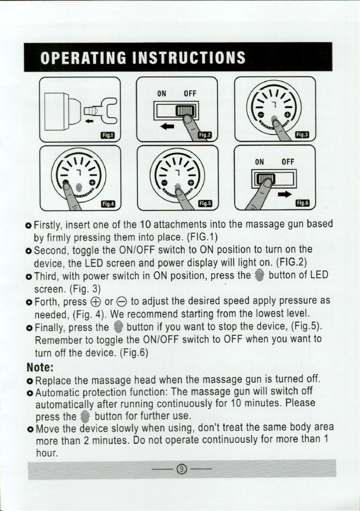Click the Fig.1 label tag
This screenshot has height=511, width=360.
[107, 135]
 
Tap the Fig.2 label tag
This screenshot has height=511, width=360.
[205, 135]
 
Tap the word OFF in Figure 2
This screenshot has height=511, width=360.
[190, 94]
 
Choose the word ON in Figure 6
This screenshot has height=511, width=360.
[259, 162]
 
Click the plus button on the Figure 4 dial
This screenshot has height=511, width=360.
[92, 182]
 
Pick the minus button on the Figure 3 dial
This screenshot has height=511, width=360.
[260, 115]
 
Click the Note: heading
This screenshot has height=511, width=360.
[40, 367]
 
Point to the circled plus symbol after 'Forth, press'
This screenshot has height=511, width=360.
[96, 302]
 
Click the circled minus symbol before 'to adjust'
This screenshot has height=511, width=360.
[121, 302]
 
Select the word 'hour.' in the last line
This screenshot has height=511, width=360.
[47, 453]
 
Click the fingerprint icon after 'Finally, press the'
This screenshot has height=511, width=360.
[119, 327]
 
